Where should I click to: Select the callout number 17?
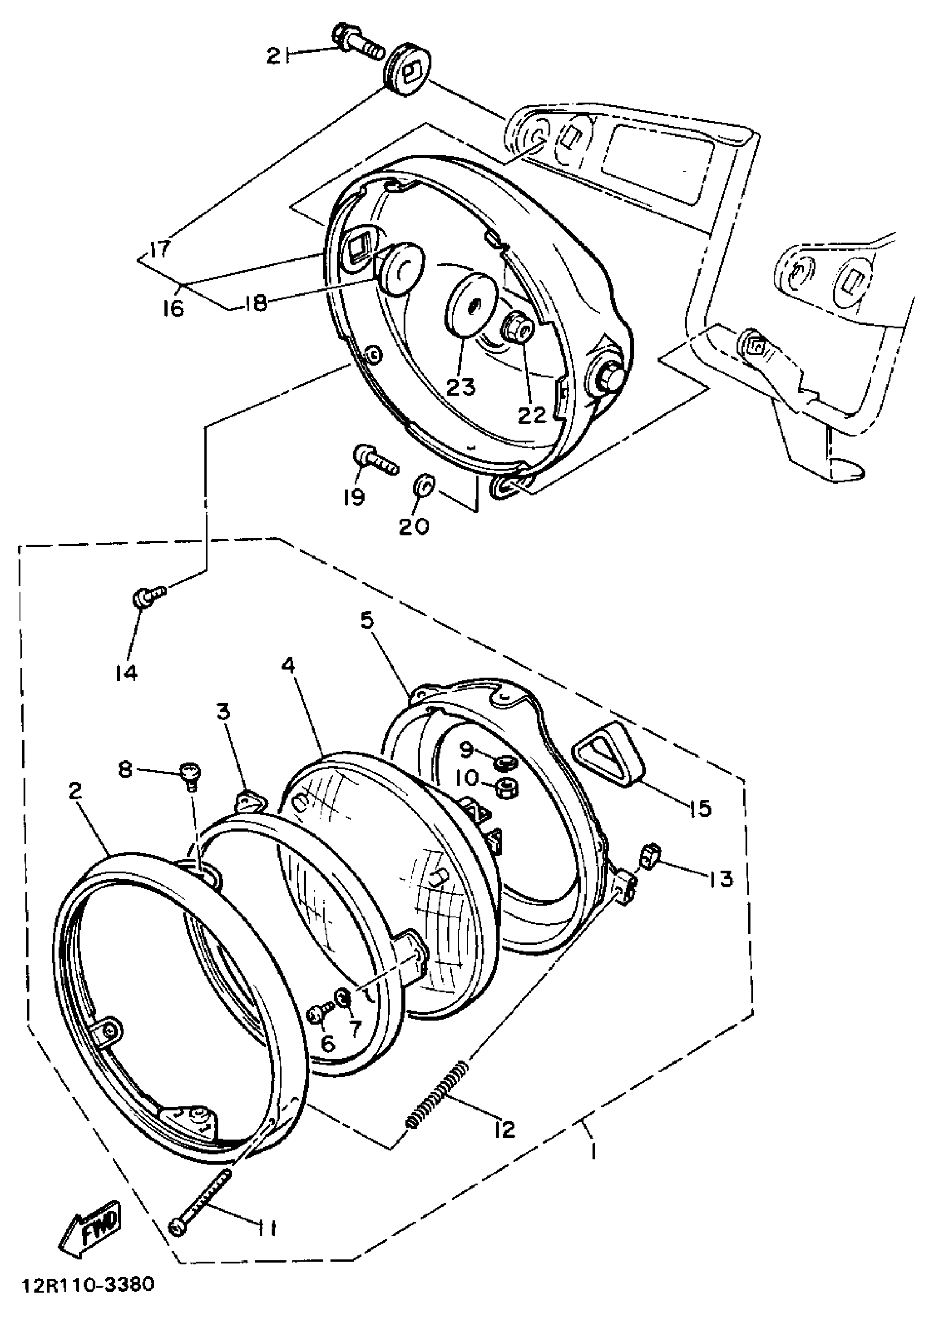pos(160,248)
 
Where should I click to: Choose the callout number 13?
pos(721,878)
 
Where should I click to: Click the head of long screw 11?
pos(178,1226)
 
